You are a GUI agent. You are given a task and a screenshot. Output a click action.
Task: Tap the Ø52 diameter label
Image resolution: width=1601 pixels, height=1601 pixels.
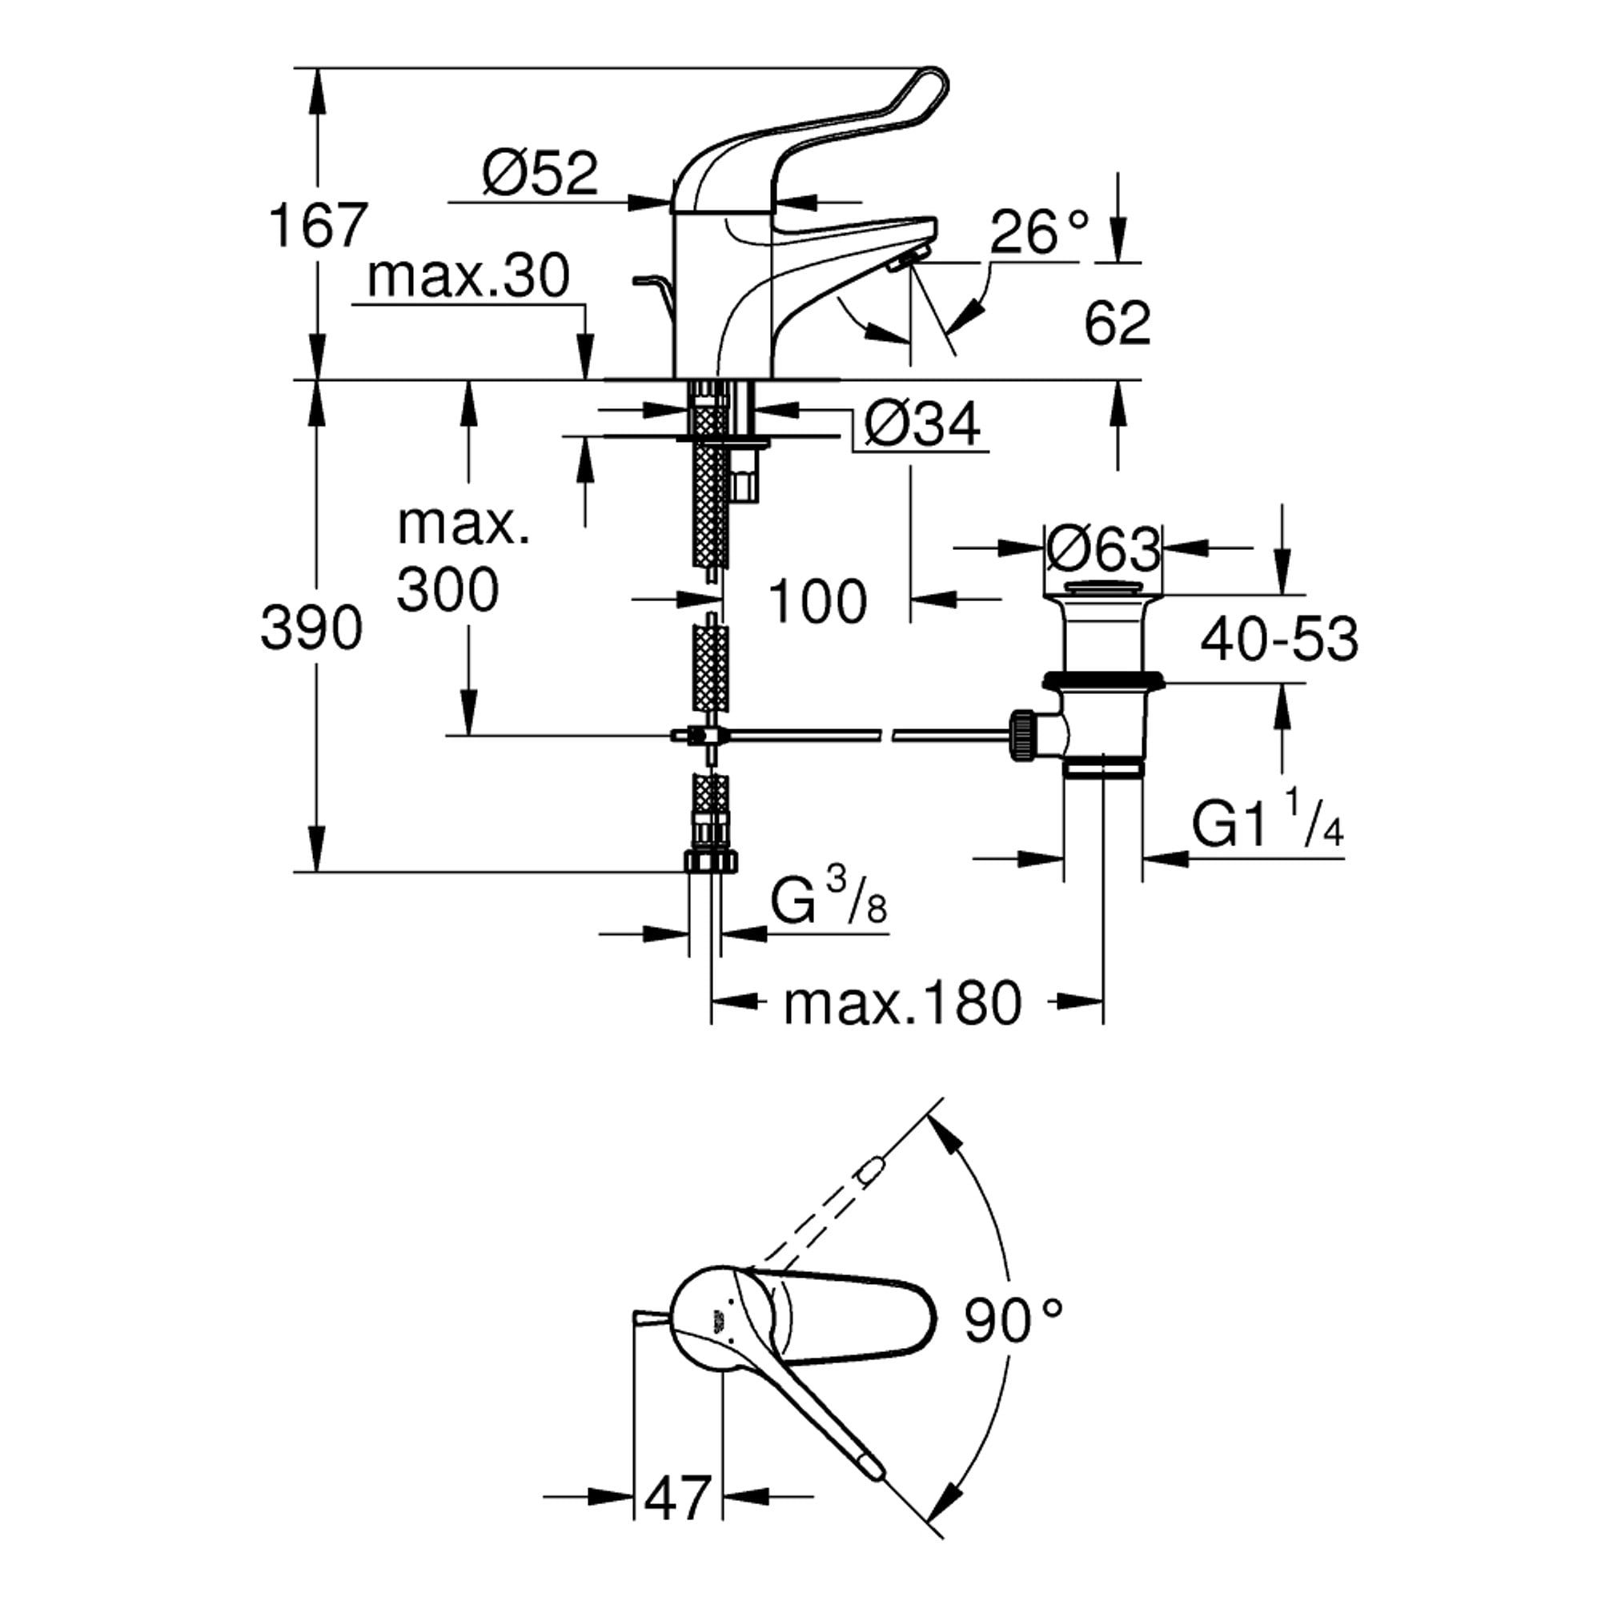(x=540, y=172)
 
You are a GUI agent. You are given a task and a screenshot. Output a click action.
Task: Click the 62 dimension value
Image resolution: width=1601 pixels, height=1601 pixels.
(x=1117, y=323)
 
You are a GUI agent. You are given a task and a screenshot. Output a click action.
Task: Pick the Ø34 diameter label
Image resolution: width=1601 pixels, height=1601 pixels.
(x=922, y=424)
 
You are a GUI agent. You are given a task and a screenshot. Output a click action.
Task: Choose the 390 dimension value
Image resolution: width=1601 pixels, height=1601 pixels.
(x=311, y=628)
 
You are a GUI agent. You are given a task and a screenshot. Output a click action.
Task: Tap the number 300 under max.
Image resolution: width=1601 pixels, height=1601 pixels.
(x=447, y=590)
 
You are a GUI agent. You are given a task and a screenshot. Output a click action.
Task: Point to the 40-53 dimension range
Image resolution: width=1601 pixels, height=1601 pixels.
(x=1279, y=639)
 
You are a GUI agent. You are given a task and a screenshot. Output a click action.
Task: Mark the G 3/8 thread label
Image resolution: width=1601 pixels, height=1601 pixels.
(x=829, y=899)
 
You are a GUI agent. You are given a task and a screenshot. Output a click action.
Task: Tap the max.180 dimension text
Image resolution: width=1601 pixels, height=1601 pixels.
(x=903, y=1005)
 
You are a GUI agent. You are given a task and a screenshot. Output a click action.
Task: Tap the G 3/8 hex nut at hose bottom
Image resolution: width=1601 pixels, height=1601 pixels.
(x=710, y=861)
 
